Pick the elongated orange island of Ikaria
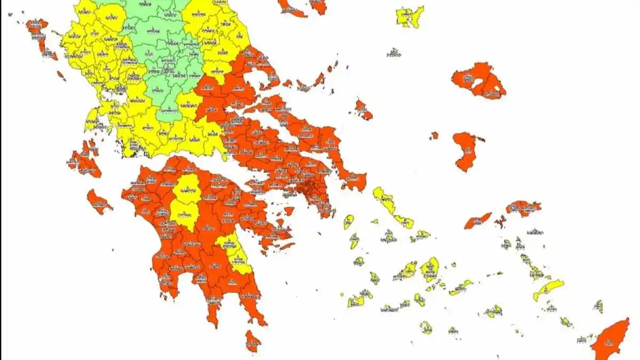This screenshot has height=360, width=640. (478, 220)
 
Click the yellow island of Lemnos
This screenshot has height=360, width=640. (410, 16)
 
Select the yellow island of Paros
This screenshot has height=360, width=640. (409, 269)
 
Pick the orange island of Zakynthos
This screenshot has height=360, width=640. (99, 202)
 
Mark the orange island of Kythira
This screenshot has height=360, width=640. (253, 340)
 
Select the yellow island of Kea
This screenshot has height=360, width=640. (348, 221)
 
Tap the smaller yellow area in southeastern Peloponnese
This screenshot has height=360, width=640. (235, 253)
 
